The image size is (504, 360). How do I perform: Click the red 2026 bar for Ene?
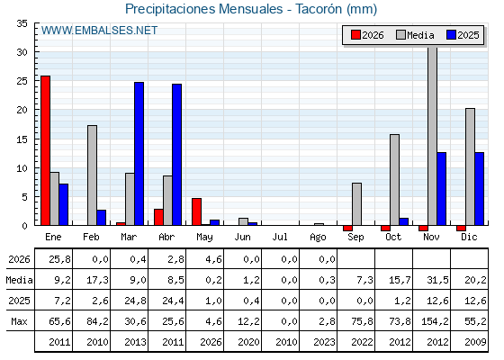45,150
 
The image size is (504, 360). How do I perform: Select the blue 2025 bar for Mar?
139,154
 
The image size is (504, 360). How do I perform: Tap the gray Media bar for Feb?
92,175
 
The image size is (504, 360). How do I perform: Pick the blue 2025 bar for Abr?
177,155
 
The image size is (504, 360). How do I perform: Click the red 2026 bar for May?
197,211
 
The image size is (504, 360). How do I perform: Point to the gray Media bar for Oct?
395,180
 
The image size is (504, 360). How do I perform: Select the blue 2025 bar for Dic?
480,189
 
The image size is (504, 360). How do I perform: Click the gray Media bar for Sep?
356,204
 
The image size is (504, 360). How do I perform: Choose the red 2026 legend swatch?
355,35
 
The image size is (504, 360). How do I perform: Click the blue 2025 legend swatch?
451,35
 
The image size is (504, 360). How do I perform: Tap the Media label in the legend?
420,35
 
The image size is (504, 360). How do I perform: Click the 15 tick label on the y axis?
22,139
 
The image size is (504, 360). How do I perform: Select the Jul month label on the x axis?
280,238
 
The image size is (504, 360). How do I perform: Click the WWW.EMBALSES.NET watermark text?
100,31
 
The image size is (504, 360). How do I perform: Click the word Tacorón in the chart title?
319,9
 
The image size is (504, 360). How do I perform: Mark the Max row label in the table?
19,321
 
